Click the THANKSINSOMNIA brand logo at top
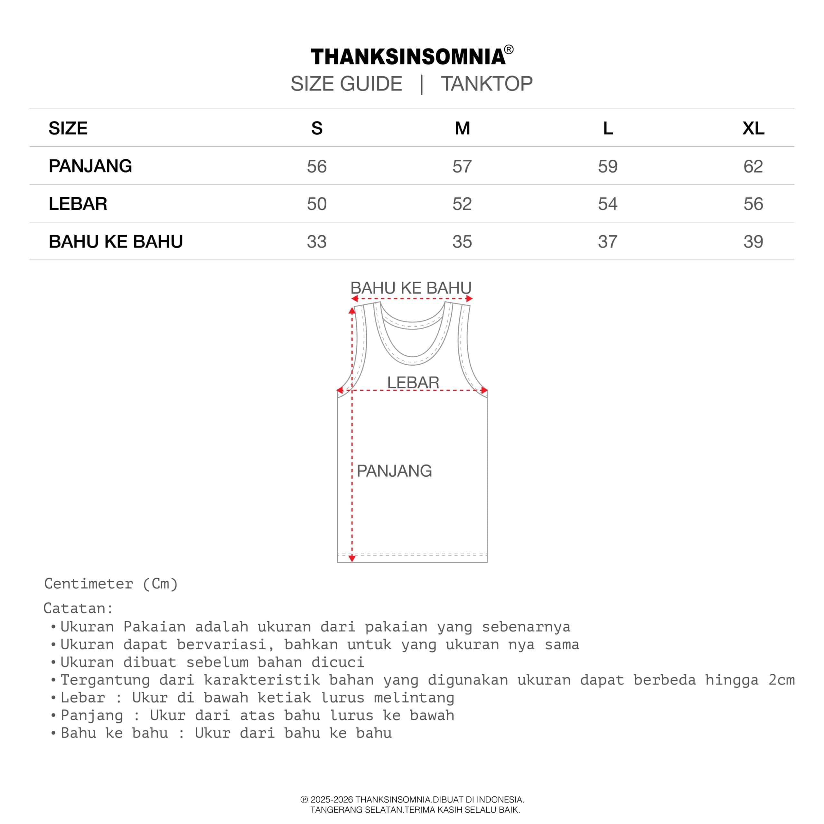(408, 57)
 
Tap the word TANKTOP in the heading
(487, 84)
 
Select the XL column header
(753, 128)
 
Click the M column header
(462, 128)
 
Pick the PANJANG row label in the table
(90, 166)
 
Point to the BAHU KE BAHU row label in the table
(116, 241)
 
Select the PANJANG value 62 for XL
(753, 166)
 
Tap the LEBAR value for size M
(462, 204)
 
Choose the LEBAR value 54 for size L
(608, 204)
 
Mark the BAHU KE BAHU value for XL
(753, 242)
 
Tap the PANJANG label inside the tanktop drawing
(394, 471)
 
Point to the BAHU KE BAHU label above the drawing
(411, 288)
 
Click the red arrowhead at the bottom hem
(352, 558)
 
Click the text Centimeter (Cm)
(111, 584)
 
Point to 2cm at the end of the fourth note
(781, 680)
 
